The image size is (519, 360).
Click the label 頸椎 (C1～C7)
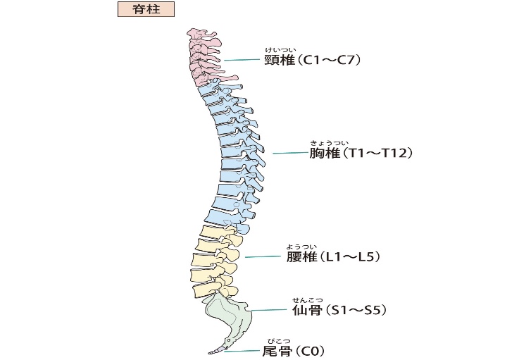312,61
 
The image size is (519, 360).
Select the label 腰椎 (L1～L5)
333,256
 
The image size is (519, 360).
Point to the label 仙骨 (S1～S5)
339,310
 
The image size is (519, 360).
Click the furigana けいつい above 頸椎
276,49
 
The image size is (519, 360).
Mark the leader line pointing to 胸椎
289,153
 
